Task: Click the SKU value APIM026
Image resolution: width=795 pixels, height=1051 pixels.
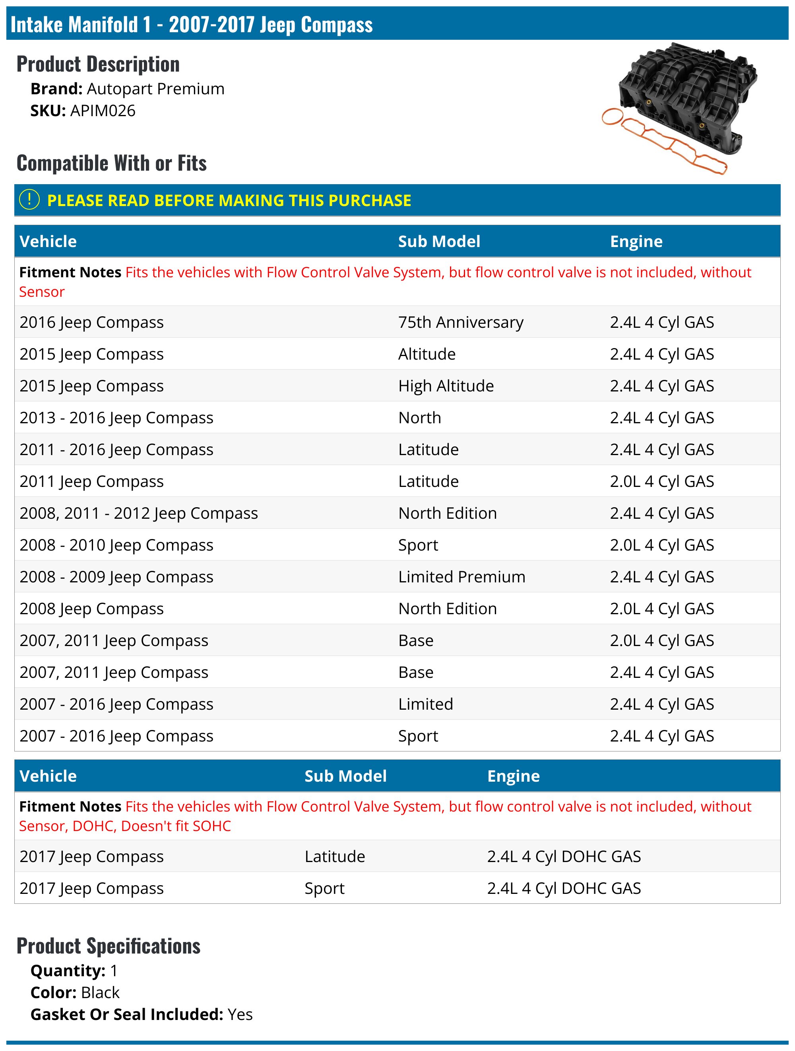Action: click(103, 111)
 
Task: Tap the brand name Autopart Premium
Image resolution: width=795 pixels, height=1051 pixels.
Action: click(155, 89)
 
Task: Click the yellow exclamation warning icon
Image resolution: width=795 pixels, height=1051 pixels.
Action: click(29, 200)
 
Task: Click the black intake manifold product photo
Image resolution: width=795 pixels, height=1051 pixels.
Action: click(688, 97)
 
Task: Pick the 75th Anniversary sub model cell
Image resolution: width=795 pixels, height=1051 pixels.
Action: click(460, 322)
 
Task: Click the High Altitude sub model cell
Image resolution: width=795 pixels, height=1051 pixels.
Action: click(446, 386)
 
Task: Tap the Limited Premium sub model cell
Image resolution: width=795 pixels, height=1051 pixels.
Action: click(461, 577)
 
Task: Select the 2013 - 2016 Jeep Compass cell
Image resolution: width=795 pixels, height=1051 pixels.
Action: click(116, 418)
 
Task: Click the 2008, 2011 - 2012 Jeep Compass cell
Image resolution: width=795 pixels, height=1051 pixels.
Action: click(139, 513)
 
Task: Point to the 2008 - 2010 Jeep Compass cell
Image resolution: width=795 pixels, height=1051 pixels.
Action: click(116, 545)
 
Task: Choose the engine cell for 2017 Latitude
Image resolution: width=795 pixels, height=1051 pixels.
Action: click(564, 856)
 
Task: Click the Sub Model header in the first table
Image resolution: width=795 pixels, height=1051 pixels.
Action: click(439, 241)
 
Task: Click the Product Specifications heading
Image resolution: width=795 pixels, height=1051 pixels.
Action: click(108, 946)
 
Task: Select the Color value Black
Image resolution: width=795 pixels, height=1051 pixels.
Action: click(100, 993)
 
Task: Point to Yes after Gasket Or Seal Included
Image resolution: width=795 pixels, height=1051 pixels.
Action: click(240, 1014)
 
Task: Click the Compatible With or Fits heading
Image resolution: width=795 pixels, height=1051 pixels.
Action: click(112, 163)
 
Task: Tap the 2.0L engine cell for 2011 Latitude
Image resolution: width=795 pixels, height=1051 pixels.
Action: click(661, 481)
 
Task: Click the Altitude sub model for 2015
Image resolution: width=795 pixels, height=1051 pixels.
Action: click(427, 354)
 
